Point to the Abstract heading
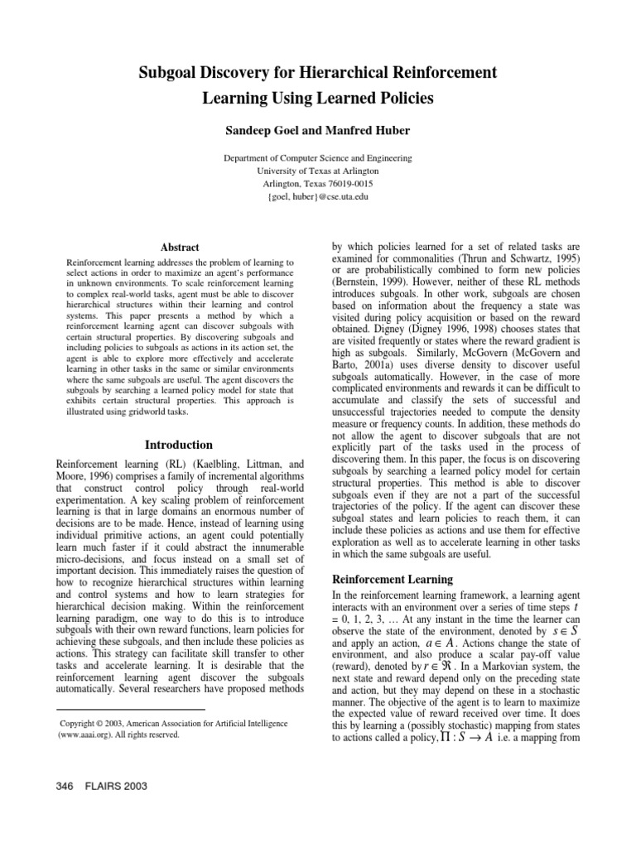tap(179, 247)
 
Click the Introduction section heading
tap(180, 445)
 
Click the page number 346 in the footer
tap(65, 786)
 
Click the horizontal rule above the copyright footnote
tap(129, 710)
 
